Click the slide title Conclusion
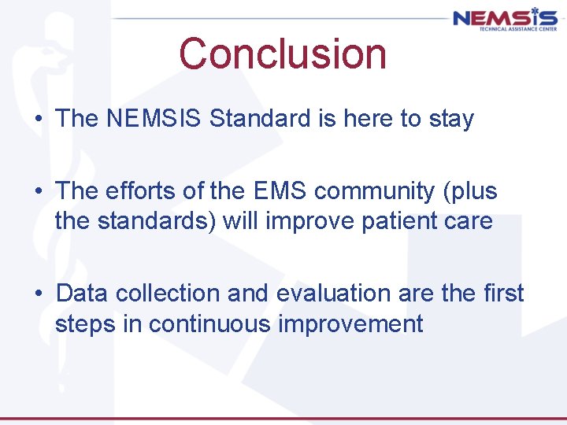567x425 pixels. point(283,54)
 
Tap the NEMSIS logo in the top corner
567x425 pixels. point(504,17)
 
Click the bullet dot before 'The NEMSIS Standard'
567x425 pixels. point(38,120)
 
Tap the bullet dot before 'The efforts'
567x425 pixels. point(38,191)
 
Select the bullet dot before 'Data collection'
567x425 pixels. point(38,294)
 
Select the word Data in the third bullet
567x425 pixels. point(83,293)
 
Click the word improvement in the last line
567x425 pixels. point(357,324)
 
